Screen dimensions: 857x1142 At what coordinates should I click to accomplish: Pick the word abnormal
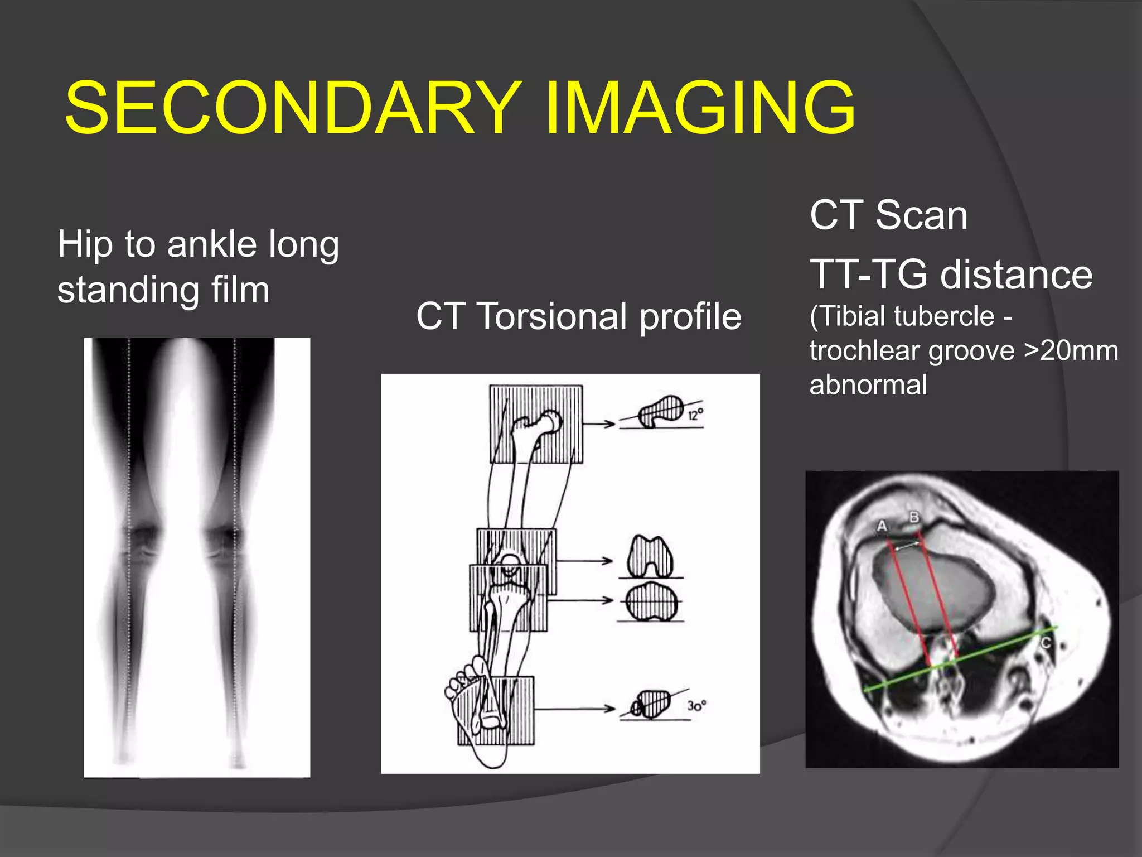[x=868, y=385]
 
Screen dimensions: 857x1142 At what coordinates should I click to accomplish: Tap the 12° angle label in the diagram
[x=695, y=415]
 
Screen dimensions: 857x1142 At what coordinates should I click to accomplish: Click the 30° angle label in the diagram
[x=696, y=706]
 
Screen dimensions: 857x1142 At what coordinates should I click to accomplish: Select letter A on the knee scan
[x=882, y=526]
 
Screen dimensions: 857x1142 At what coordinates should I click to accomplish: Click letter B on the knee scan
[x=914, y=517]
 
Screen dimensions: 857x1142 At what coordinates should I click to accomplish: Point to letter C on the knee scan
[x=1046, y=643]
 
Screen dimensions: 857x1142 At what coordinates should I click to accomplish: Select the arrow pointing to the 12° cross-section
[x=599, y=424]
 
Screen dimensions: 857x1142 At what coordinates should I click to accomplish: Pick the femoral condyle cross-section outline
[x=650, y=557]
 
